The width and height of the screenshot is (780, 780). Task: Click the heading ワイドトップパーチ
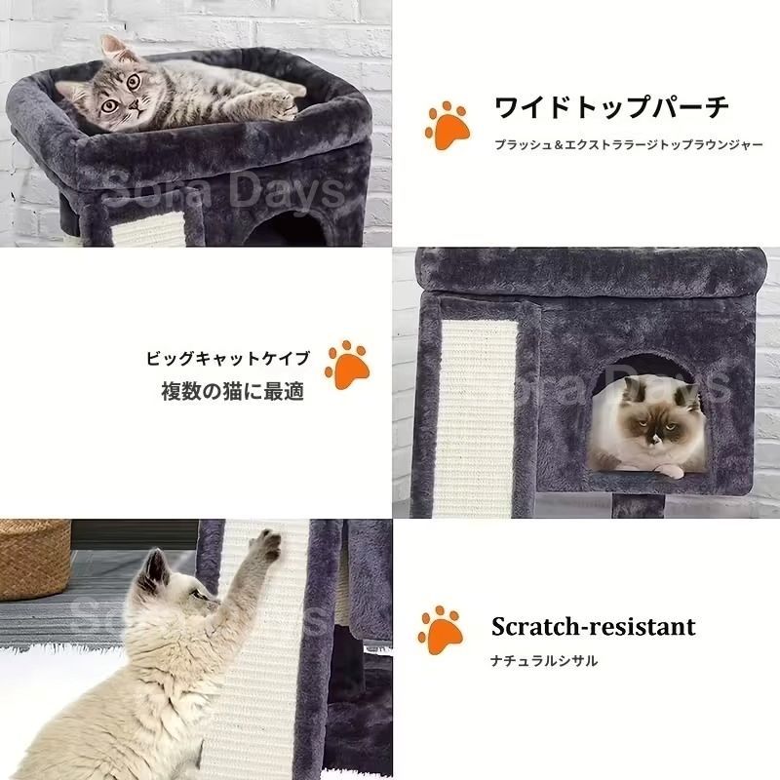[612, 106]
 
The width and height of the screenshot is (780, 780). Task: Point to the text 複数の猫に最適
[232, 392]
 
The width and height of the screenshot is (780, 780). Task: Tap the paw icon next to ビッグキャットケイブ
[346, 366]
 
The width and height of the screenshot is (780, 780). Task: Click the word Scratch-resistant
[593, 625]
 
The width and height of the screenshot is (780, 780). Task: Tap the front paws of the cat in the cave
[663, 469]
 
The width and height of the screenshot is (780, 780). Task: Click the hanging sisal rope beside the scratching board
[342, 585]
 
